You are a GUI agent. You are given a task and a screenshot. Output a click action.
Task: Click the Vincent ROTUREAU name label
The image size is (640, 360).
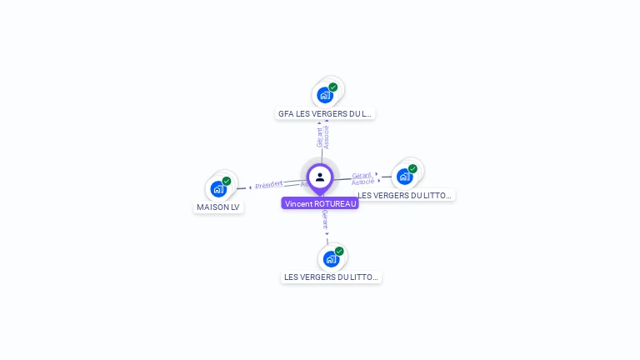click(320, 203)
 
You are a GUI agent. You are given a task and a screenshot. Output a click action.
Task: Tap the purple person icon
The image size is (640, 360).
click(320, 177)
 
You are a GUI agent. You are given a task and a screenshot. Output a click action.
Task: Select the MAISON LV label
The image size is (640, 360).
click(218, 207)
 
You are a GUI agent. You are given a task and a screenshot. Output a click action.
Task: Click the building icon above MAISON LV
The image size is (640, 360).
click(218, 189)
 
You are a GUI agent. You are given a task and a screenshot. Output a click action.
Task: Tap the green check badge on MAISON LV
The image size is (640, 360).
click(227, 181)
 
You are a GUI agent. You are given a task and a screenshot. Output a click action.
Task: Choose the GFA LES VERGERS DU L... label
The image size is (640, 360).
click(325, 113)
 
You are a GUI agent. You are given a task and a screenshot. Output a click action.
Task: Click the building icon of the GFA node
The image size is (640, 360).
click(325, 95)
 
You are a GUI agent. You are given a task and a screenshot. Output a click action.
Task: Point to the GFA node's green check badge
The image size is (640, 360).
click(333, 87)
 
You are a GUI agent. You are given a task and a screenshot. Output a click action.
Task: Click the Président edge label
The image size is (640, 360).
click(269, 184)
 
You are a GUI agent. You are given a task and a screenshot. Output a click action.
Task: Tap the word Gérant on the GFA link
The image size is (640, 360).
click(319, 137)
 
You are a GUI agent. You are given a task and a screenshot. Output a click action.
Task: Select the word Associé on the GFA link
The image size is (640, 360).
click(327, 137)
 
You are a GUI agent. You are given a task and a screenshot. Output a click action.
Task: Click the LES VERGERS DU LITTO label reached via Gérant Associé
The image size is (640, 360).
click(405, 195)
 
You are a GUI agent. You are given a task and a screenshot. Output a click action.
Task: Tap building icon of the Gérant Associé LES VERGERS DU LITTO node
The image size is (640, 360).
click(404, 177)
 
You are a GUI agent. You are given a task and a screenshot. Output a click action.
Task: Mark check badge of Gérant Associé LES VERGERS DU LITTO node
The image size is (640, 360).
click(412, 168)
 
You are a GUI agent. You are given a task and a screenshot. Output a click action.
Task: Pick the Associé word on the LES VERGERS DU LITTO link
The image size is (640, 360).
click(363, 182)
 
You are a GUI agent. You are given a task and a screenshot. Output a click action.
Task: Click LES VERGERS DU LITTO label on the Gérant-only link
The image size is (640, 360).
click(332, 277)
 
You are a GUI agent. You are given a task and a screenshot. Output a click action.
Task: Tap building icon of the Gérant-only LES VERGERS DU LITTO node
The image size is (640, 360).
click(331, 259)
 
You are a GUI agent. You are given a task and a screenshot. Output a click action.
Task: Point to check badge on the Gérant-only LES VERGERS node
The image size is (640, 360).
click(339, 251)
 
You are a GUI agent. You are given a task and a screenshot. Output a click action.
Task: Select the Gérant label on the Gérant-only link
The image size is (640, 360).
click(325, 220)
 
